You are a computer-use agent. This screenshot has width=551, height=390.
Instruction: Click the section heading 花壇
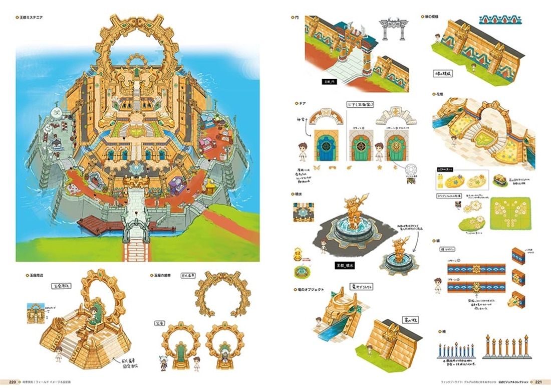coord(442,94)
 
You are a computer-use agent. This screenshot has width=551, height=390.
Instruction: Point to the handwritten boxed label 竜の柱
coord(402,319)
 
